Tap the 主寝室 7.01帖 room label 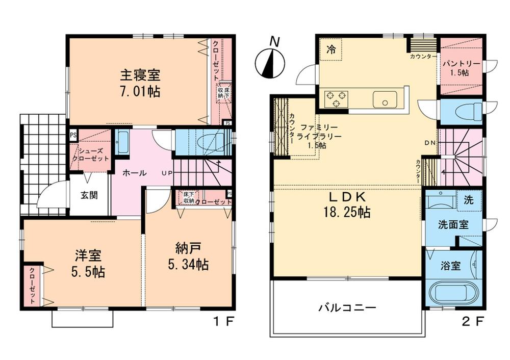[140, 83]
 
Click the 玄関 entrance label [89, 194]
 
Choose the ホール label [135, 173]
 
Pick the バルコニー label [347, 307]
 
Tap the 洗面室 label [453, 225]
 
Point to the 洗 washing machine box [469, 199]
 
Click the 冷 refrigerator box [331, 49]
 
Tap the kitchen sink [386, 99]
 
